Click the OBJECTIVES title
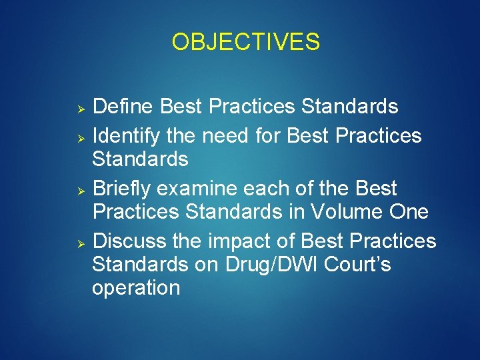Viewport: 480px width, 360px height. coord(245,42)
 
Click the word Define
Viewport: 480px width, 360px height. coord(124,107)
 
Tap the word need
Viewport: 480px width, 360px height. coord(226,137)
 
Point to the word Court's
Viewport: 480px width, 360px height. coord(357,264)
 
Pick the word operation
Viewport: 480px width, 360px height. coord(136,288)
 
